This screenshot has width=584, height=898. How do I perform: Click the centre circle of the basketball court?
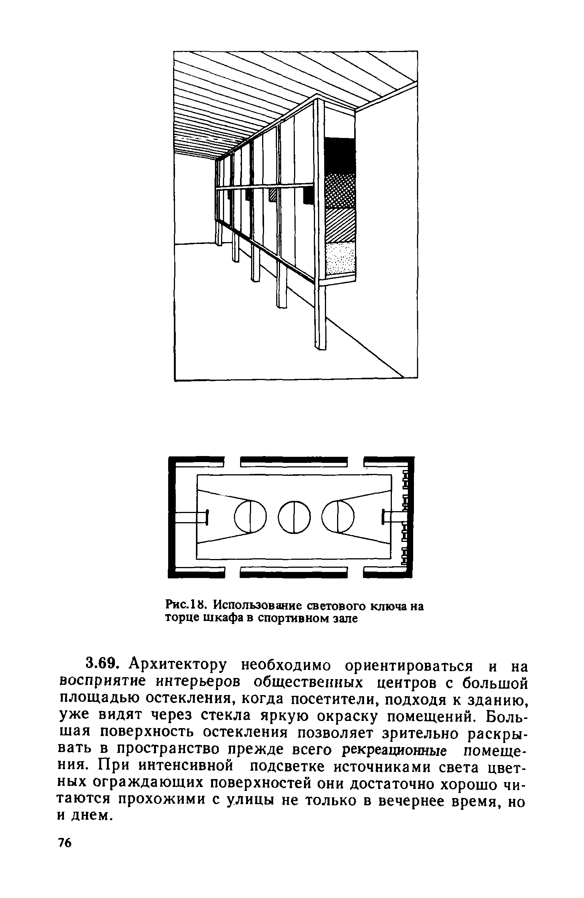point(294,517)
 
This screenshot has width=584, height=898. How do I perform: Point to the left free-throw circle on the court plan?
point(250,517)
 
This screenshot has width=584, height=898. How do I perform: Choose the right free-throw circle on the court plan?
point(338,517)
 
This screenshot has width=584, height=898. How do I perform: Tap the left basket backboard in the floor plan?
point(206,517)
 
